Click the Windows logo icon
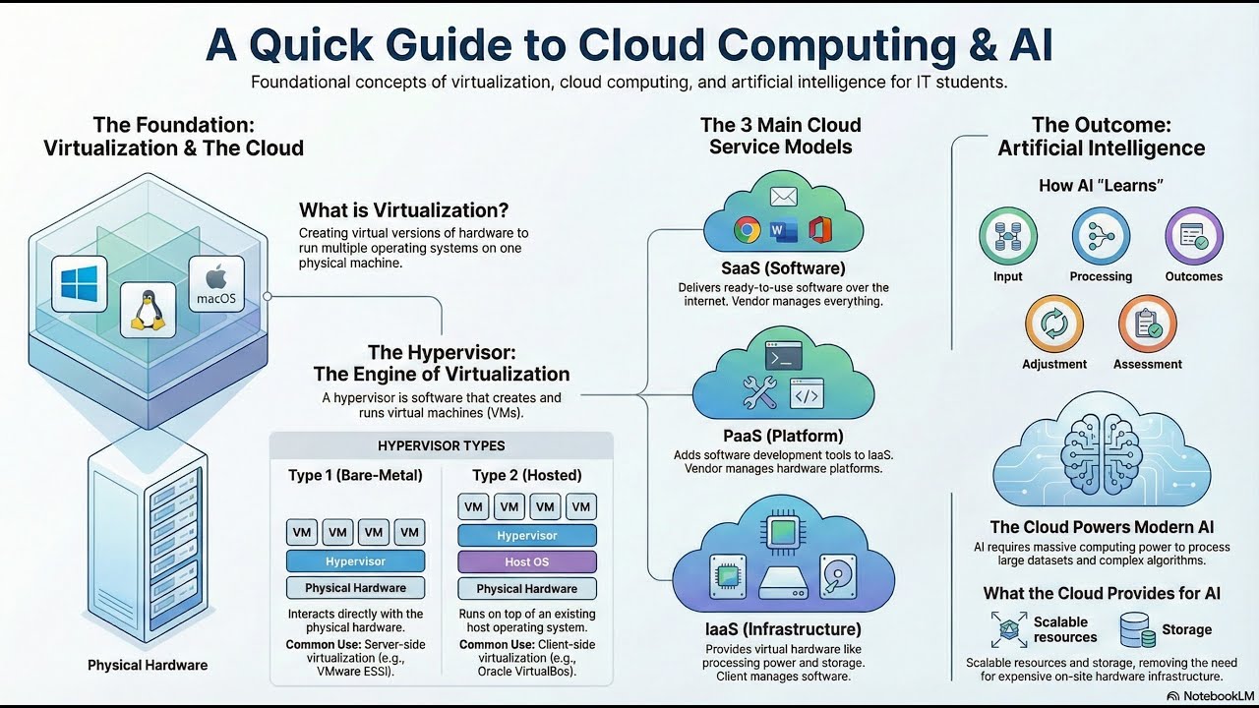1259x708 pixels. (x=80, y=284)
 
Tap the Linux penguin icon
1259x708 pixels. (x=148, y=310)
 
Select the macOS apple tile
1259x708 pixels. (x=216, y=284)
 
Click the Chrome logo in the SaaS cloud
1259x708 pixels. (x=747, y=230)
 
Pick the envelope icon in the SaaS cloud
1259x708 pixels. (x=784, y=197)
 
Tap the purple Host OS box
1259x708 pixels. (x=526, y=561)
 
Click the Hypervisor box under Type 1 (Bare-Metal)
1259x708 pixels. (x=355, y=561)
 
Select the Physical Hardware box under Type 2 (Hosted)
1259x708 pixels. (x=526, y=588)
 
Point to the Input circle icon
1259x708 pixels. (x=1008, y=236)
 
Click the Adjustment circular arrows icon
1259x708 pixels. (x=1053, y=324)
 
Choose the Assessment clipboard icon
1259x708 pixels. (x=1147, y=324)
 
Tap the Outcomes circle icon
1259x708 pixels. (x=1194, y=236)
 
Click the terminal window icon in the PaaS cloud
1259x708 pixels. (x=784, y=356)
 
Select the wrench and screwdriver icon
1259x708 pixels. (x=759, y=392)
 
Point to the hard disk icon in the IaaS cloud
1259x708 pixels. (x=837, y=576)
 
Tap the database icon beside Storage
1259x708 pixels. (x=1138, y=630)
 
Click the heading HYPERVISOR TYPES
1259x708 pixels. (x=442, y=446)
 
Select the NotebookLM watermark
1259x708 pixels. (x=1211, y=696)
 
